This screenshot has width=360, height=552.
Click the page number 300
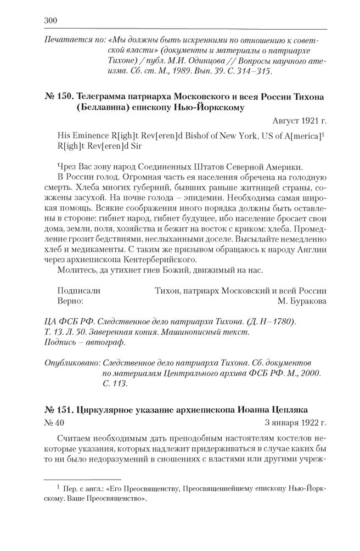point(50,21)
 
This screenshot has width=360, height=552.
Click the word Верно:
point(70,301)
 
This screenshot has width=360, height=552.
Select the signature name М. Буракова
point(302,301)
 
